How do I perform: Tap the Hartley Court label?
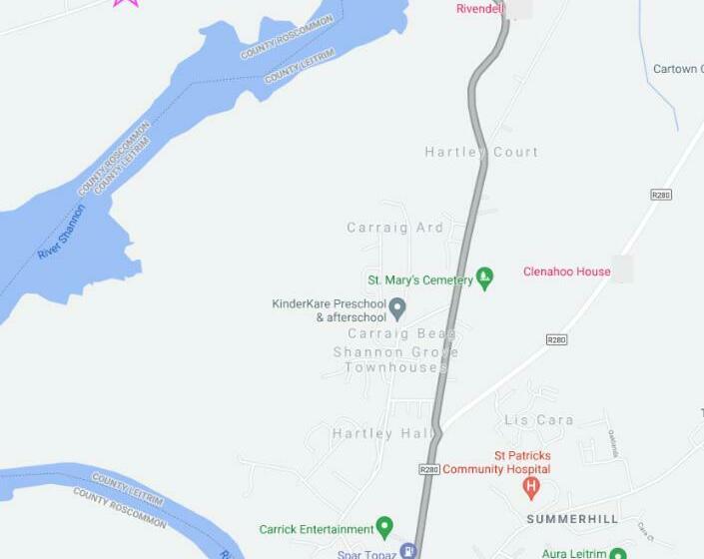481,152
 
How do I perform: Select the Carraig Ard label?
394,228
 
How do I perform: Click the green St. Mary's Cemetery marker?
485,279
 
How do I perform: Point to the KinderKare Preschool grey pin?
397,307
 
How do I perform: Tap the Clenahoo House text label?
566,272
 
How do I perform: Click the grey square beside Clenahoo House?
623,269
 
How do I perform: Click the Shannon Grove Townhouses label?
396,359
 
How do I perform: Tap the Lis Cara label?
539,420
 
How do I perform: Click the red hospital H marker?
531,487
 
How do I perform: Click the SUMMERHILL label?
572,519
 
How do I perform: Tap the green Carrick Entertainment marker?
384,528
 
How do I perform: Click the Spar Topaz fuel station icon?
407,550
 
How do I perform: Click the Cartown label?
678,69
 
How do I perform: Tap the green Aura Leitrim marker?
617,553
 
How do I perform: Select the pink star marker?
125,2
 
